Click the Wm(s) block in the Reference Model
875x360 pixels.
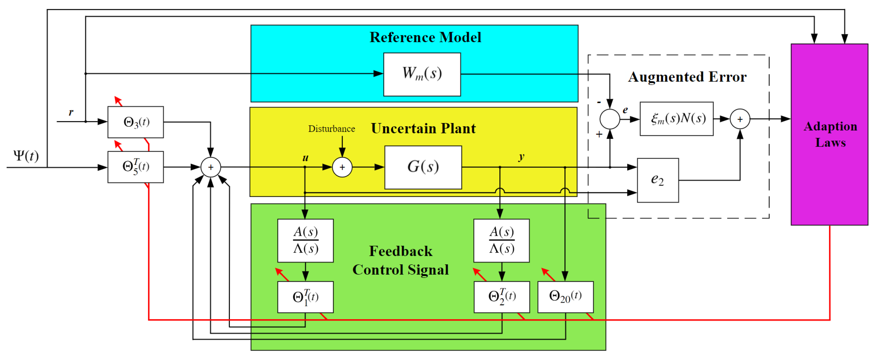(422, 74)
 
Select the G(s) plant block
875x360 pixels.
(423, 167)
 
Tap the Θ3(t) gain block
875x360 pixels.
(136, 122)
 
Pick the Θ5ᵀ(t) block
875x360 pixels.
(136, 167)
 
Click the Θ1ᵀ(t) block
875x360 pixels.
(305, 297)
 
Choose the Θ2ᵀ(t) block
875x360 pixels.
(502, 297)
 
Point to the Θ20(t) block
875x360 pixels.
(565, 297)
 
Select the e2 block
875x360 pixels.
(658, 180)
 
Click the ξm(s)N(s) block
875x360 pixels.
(676, 119)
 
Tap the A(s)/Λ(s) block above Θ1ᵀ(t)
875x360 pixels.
(305, 240)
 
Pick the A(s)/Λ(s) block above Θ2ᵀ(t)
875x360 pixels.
(501, 240)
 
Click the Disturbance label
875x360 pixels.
(332, 129)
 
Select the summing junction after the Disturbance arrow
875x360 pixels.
(342, 167)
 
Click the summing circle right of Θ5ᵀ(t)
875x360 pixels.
(211, 167)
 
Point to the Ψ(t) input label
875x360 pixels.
(26, 156)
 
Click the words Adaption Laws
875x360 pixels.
(830, 134)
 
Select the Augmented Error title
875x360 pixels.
(687, 77)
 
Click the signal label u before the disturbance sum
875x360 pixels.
(305, 158)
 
